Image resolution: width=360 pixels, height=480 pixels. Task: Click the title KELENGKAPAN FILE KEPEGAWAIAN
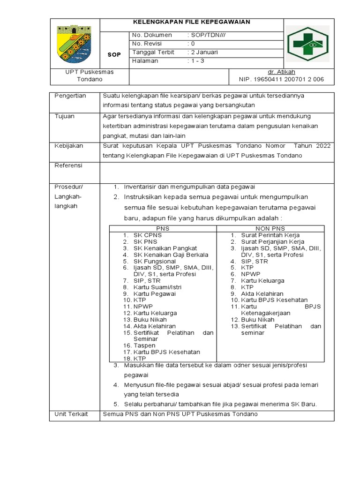[192, 22]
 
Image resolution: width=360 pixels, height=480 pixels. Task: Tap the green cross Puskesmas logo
[307, 44]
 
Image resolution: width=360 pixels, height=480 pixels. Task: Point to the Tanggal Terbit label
[149, 52]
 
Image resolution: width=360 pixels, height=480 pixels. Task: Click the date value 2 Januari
[204, 52]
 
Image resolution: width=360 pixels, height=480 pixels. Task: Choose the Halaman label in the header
[145, 61]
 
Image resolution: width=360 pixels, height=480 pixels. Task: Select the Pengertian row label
[70, 96]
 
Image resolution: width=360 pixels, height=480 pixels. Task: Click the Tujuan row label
[65, 116]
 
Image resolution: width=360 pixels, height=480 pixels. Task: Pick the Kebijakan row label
[69, 146]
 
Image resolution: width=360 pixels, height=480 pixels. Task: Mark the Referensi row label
[68, 165]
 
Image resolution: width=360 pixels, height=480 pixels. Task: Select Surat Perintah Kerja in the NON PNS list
[270, 235]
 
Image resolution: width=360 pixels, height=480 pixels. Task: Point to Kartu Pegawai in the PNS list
[155, 294]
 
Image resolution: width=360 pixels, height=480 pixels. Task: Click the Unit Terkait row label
[71, 414]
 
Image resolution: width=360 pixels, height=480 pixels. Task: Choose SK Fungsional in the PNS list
[155, 261]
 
